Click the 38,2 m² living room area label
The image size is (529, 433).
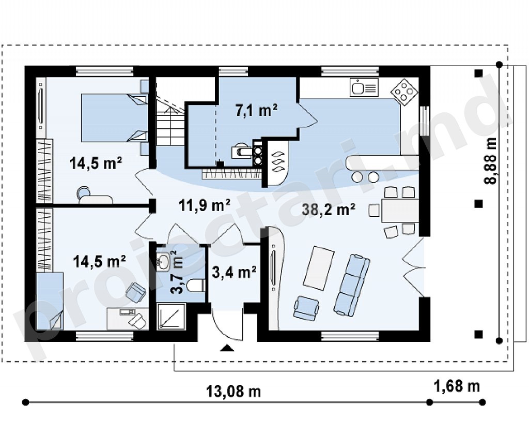tap(328, 210)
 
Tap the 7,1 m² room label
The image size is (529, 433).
tap(256, 110)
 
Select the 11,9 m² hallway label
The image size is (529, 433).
tap(205, 205)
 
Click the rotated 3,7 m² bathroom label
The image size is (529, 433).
tap(178, 272)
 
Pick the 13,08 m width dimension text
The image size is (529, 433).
tap(234, 392)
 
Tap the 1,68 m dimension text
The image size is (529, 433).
tap(457, 386)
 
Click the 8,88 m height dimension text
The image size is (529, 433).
tap(490, 160)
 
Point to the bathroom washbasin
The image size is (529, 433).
tap(164, 261)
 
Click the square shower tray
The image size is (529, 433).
tap(172, 316)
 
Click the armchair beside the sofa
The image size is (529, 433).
tap(306, 308)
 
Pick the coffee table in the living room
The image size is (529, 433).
tap(319, 268)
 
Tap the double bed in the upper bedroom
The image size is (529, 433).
tap(114, 117)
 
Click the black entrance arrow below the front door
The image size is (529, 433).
tap(227, 348)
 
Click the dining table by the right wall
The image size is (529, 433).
tap(400, 211)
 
